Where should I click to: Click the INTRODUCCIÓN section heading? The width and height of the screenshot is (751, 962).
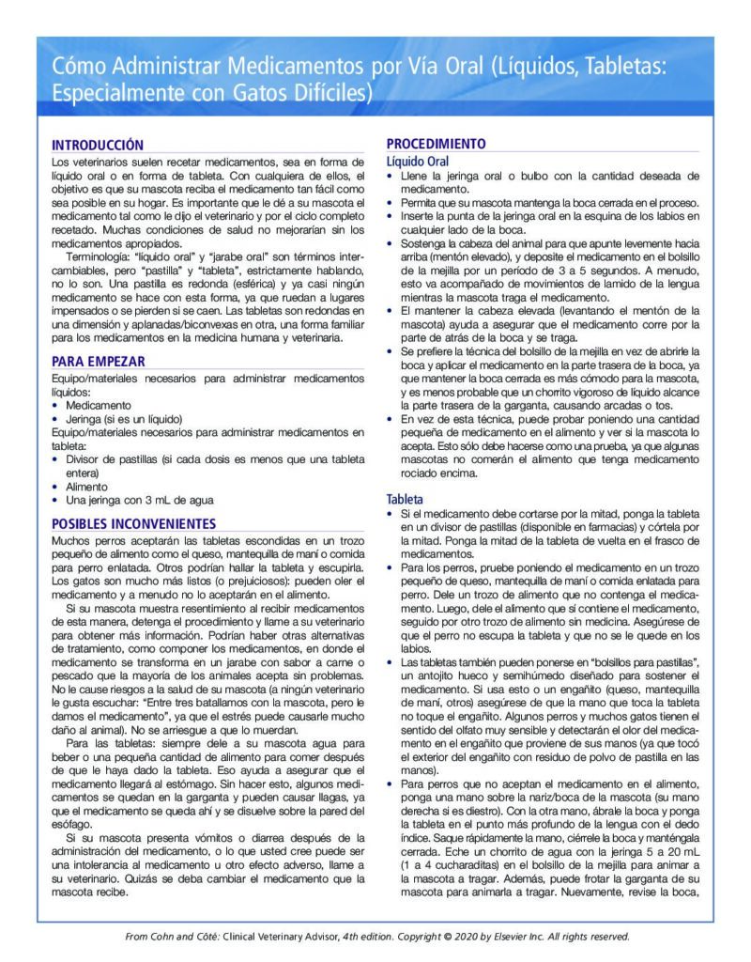click(x=98, y=146)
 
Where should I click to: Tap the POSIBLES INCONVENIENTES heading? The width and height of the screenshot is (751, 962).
click(x=133, y=523)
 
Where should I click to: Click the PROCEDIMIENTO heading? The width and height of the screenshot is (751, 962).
click(x=437, y=145)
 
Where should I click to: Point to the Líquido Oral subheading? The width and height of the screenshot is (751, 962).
click(x=418, y=161)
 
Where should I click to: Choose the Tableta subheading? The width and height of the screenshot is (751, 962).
click(x=406, y=499)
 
